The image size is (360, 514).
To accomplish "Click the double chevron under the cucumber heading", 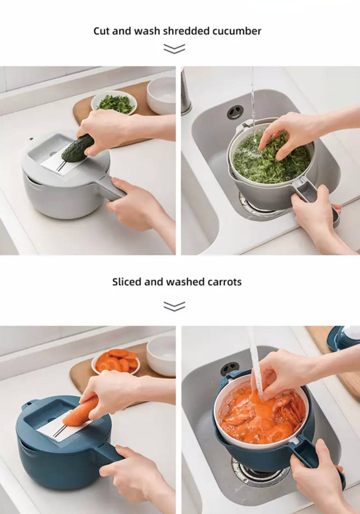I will (x=174, y=49).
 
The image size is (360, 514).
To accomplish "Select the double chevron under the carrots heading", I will (x=174, y=306).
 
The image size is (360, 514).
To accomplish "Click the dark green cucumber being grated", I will (x=77, y=148).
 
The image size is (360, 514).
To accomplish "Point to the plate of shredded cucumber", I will (x=114, y=102).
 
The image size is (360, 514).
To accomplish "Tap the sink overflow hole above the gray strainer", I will (x=235, y=112).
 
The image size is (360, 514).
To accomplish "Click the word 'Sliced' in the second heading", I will (x=126, y=282).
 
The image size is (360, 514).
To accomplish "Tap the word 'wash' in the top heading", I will (x=151, y=31).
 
